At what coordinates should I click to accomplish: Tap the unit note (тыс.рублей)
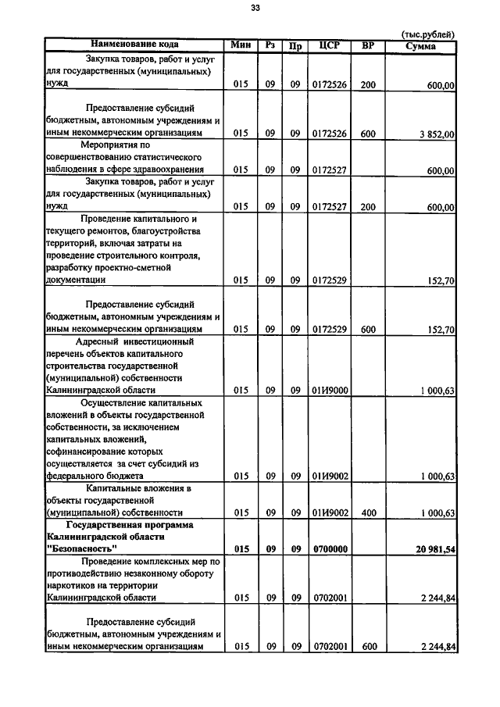[x=427, y=34]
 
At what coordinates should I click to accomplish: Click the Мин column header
[x=241, y=45]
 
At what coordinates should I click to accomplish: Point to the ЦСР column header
[x=329, y=45]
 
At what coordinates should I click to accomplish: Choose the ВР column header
[x=368, y=45]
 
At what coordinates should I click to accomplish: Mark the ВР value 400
[x=368, y=512]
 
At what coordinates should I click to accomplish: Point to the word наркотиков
[x=75, y=585]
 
